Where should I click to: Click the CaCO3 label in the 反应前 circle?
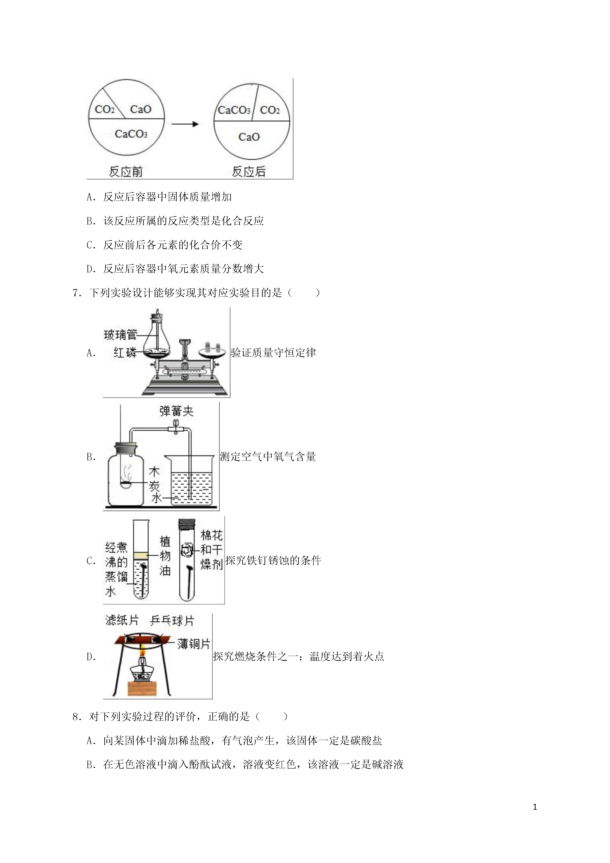tap(131, 134)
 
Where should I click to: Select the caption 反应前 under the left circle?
tap(126, 172)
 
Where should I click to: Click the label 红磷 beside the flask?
tap(125, 353)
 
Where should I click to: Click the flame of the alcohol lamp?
tap(143, 649)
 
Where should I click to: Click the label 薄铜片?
tap(193, 644)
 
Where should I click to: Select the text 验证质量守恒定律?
tap(274, 353)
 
